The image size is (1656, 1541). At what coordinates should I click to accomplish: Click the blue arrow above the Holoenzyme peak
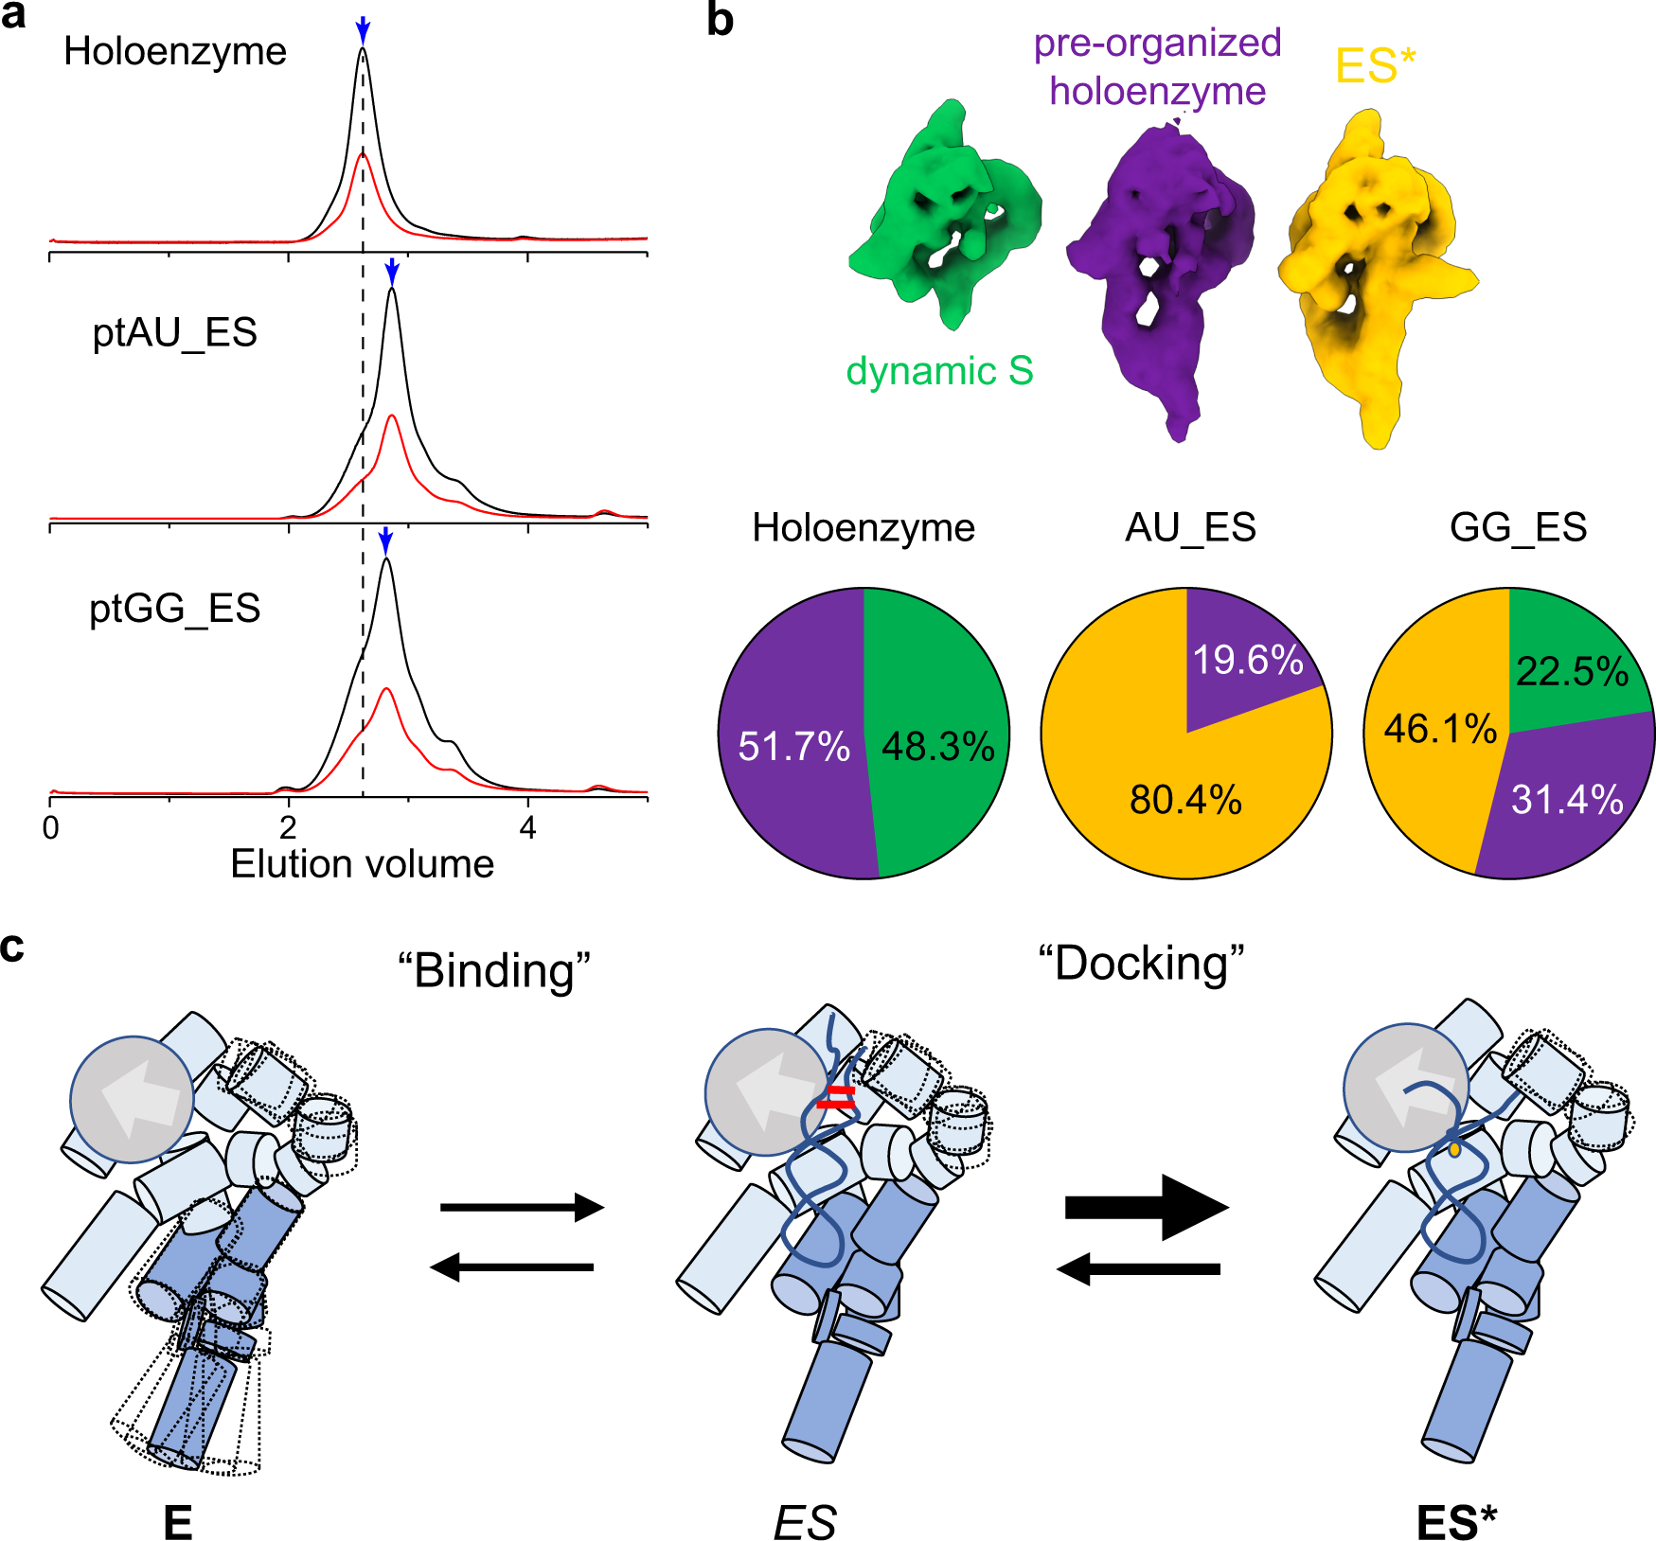tap(362, 30)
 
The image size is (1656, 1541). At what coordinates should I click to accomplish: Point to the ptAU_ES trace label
tap(174, 333)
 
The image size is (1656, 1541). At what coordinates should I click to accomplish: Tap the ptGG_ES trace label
tap(174, 609)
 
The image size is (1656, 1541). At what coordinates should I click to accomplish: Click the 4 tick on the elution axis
tap(527, 827)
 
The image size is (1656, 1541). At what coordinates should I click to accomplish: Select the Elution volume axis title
tap(362, 864)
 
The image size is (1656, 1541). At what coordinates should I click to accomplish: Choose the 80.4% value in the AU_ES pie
tap(1185, 800)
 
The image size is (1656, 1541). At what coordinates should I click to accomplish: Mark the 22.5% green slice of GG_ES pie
tap(1572, 671)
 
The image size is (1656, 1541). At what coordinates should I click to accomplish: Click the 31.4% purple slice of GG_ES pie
tap(1567, 800)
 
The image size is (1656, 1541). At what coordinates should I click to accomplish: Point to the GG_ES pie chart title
tap(1518, 527)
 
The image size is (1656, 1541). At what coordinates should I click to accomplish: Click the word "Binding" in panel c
tap(493, 970)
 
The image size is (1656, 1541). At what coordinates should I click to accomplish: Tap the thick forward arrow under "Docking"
tap(1147, 1207)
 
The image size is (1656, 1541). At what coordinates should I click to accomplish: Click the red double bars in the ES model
tap(836, 1097)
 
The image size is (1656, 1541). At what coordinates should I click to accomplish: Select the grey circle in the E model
tap(133, 1099)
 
